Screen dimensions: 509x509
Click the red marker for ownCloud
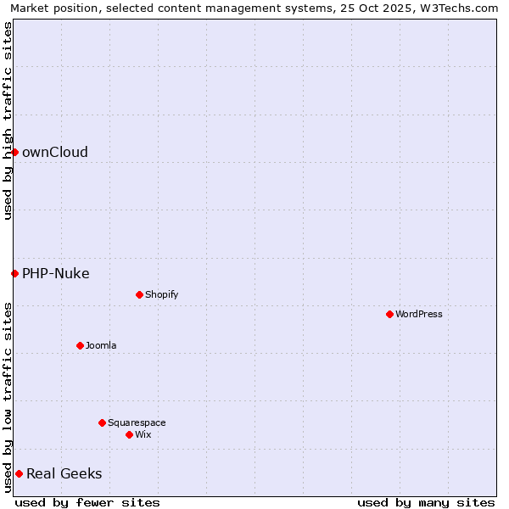point(14,152)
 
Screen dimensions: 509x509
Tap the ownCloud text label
point(55,153)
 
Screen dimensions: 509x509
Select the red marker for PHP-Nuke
point(14,273)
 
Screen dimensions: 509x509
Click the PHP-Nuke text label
point(56,273)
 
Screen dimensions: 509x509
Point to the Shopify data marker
point(139,294)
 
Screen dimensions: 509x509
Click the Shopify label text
point(161,294)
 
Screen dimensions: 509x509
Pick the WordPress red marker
point(389,314)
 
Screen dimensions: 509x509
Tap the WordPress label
point(418,314)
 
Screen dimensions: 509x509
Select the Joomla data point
point(80,345)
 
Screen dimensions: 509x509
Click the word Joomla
point(101,345)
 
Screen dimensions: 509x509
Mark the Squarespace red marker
point(102,422)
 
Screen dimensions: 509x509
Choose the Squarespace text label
point(137,422)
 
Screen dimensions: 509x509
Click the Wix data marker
point(129,434)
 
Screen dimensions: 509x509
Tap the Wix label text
point(143,434)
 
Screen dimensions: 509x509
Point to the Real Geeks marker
point(19,473)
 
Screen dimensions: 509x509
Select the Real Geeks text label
point(64,473)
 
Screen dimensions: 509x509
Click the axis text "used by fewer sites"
point(87,502)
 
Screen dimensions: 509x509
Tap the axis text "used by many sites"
point(426,502)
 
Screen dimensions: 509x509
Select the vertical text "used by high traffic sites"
point(8,120)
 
